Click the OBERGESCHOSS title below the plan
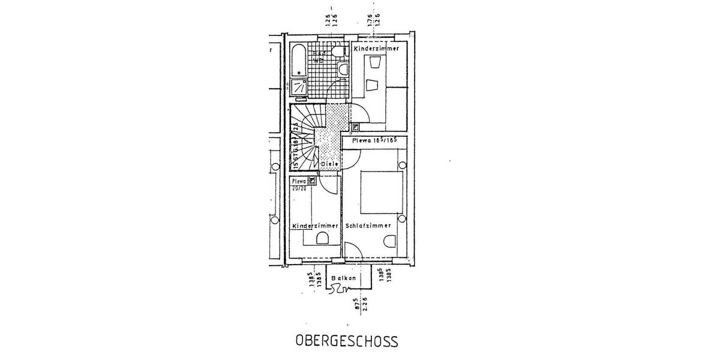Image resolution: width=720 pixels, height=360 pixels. point(347,341)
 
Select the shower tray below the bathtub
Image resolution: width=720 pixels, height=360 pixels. point(299,88)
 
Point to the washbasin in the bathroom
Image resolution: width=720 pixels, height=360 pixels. point(343,70)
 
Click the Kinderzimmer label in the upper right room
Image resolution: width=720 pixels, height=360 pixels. point(376,48)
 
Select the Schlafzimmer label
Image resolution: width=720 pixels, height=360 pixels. point(368,226)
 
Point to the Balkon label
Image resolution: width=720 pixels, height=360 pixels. point(344,278)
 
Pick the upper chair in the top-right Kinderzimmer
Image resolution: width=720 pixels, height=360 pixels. point(376,62)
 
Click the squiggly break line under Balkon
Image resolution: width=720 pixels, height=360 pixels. point(339,290)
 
